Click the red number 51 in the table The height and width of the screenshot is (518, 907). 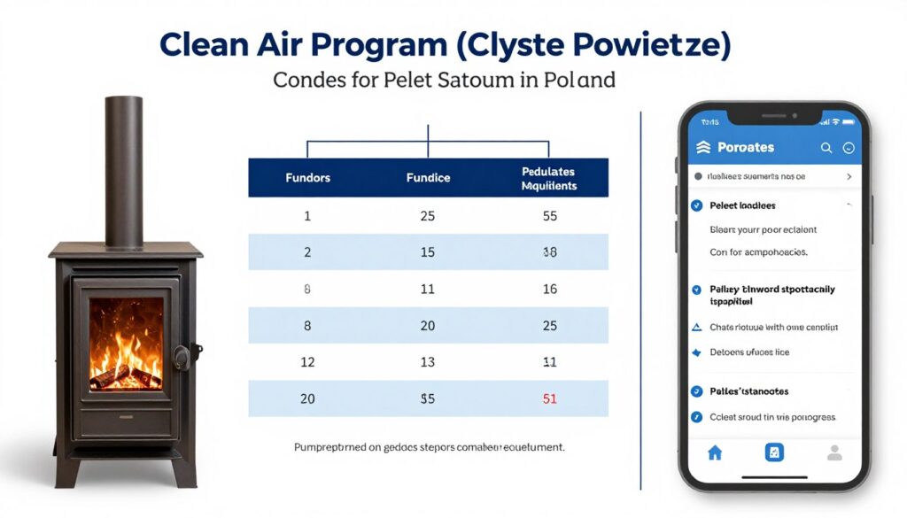(x=549, y=398)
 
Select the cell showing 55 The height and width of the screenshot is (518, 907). (x=549, y=215)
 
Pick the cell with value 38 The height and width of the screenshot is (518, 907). (x=549, y=252)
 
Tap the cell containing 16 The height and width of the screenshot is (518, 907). (x=549, y=289)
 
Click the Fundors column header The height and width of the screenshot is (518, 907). (x=307, y=178)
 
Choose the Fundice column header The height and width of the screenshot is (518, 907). (x=428, y=178)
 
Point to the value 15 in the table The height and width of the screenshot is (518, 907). (x=428, y=252)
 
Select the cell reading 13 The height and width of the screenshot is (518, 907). (x=428, y=362)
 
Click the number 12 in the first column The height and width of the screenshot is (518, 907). (x=307, y=362)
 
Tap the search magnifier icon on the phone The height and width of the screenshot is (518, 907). (x=826, y=148)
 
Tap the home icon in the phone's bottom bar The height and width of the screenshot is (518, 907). (x=715, y=452)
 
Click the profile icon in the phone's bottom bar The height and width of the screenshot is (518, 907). (x=833, y=452)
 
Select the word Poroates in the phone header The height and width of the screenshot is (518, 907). (x=746, y=148)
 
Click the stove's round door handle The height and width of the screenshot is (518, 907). (x=182, y=356)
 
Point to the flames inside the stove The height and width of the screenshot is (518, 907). (x=126, y=341)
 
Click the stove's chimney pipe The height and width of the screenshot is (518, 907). (x=125, y=168)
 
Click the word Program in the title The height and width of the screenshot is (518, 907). (x=344, y=45)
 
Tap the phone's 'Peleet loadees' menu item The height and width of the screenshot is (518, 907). (x=742, y=205)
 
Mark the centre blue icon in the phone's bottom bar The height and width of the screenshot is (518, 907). (x=774, y=452)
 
